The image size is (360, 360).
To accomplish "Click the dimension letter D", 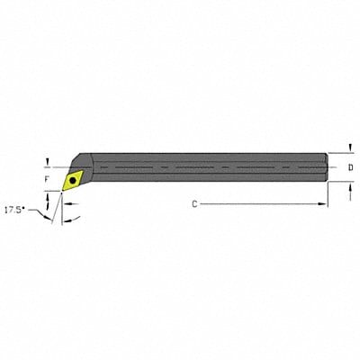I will point(349,167).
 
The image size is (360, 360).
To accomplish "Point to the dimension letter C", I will point(194,205).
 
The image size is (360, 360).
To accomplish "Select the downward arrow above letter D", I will point(349,152).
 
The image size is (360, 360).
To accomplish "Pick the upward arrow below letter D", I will point(349,185).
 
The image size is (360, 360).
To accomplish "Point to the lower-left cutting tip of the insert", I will point(61,191).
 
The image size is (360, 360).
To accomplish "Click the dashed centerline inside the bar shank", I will point(198,167).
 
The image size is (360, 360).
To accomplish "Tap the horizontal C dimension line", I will point(261,205).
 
